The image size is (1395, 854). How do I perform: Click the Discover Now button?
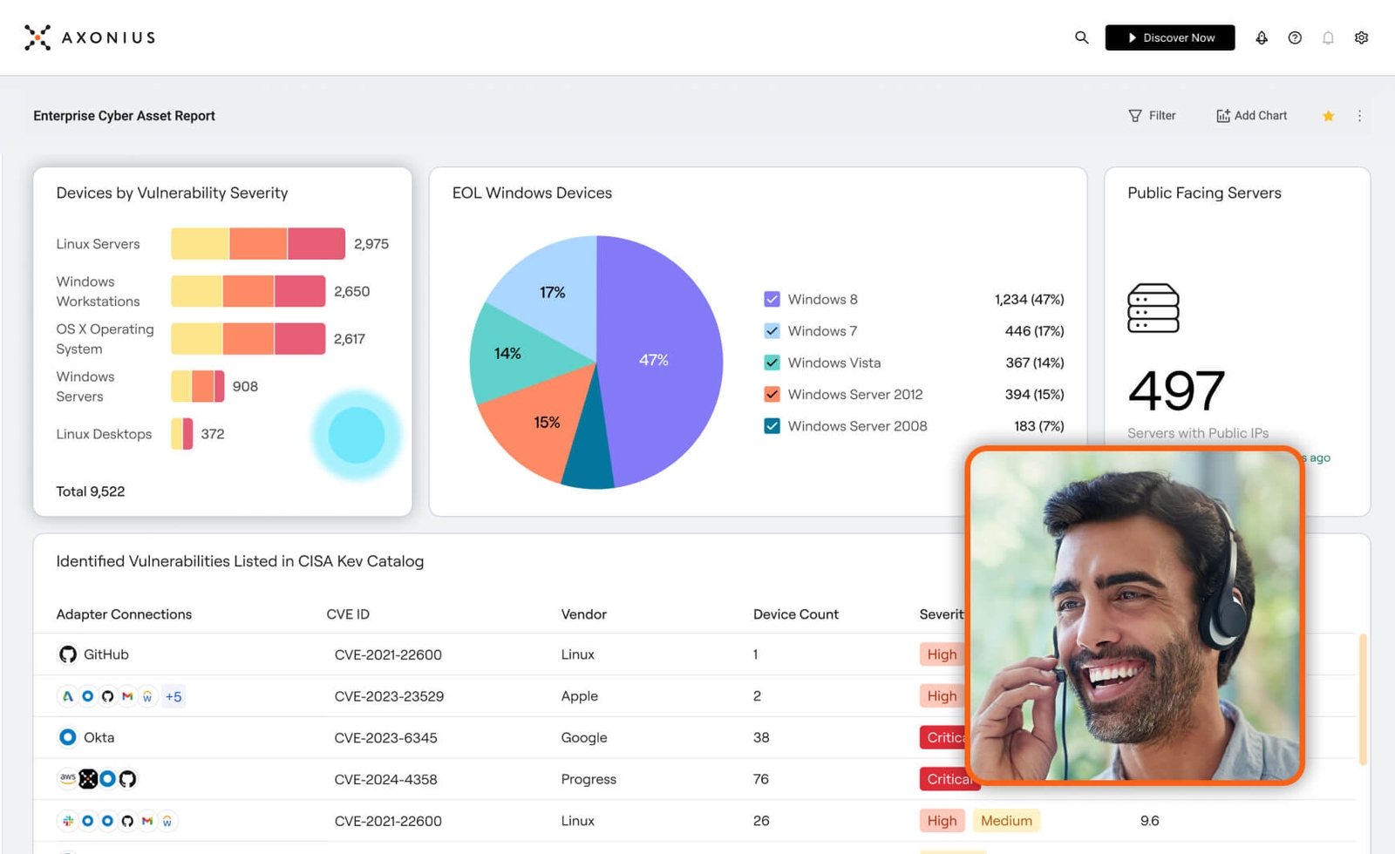point(1169,37)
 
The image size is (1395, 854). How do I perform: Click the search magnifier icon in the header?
point(1081,37)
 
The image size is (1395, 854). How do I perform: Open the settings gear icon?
point(1361,37)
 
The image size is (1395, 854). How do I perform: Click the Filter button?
point(1152,116)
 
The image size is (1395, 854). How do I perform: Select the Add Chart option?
point(1251,116)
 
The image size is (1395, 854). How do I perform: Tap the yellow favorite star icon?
point(1328,116)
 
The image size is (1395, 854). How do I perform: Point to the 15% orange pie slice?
point(532,427)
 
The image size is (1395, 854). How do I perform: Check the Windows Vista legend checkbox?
point(772,363)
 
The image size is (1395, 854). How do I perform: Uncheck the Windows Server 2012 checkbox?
point(772,394)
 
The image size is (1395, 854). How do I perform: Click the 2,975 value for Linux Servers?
point(371,244)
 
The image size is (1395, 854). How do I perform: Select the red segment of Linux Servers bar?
point(316,244)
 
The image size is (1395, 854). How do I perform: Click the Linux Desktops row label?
point(104,434)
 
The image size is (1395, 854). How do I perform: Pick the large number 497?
point(1176,390)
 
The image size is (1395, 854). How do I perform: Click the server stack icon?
point(1153,308)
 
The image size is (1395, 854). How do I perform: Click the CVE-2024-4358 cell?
point(385,779)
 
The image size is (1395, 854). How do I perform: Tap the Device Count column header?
point(795,614)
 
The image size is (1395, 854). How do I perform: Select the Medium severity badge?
point(1006,821)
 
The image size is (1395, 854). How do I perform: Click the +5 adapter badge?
point(174,696)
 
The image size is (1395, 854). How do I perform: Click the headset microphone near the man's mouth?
point(1058,674)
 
